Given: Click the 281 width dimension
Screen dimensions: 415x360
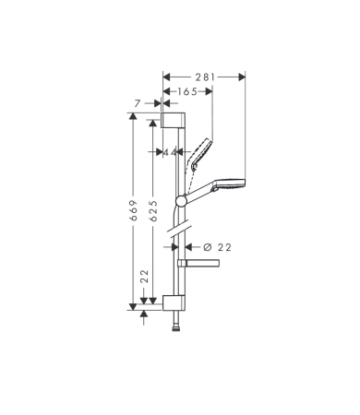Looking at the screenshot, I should (x=204, y=77).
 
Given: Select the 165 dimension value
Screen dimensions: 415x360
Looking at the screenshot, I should (x=188, y=91).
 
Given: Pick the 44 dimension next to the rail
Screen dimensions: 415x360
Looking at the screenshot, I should (x=170, y=152).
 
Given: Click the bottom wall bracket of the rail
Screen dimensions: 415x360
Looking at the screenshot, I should (x=174, y=301).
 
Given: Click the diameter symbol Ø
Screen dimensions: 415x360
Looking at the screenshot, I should (x=206, y=246).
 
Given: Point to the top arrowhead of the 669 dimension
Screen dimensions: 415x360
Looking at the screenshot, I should (x=133, y=115).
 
